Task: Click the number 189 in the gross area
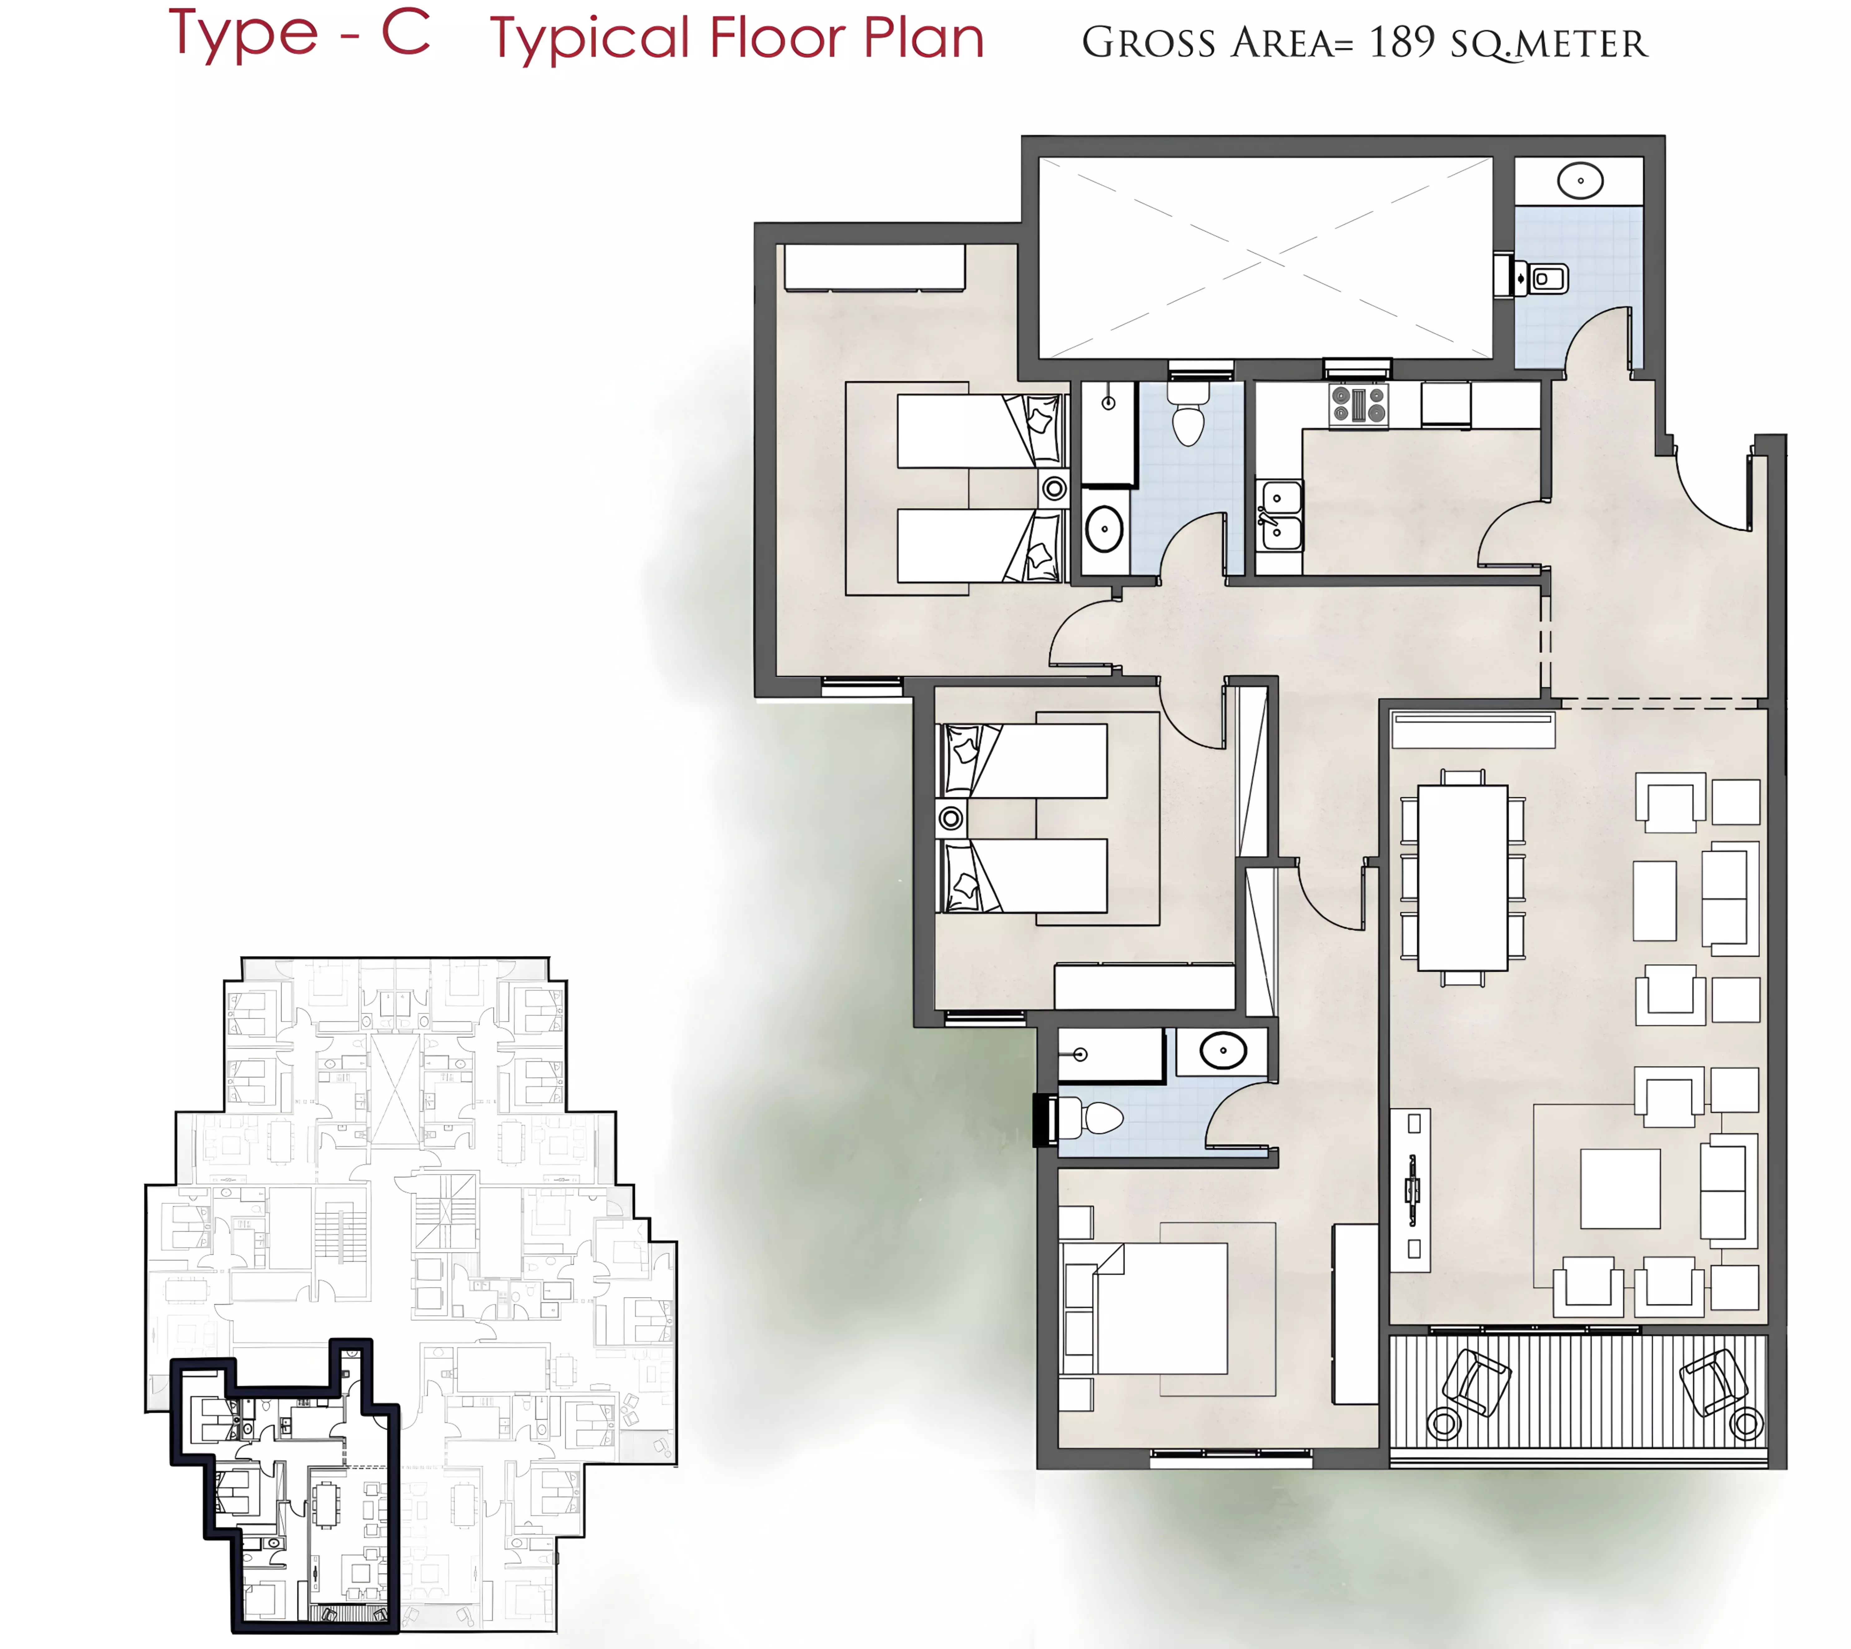click(x=1402, y=42)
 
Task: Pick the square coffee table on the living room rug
click(x=1620, y=1189)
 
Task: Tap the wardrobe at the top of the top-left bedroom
click(x=874, y=267)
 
